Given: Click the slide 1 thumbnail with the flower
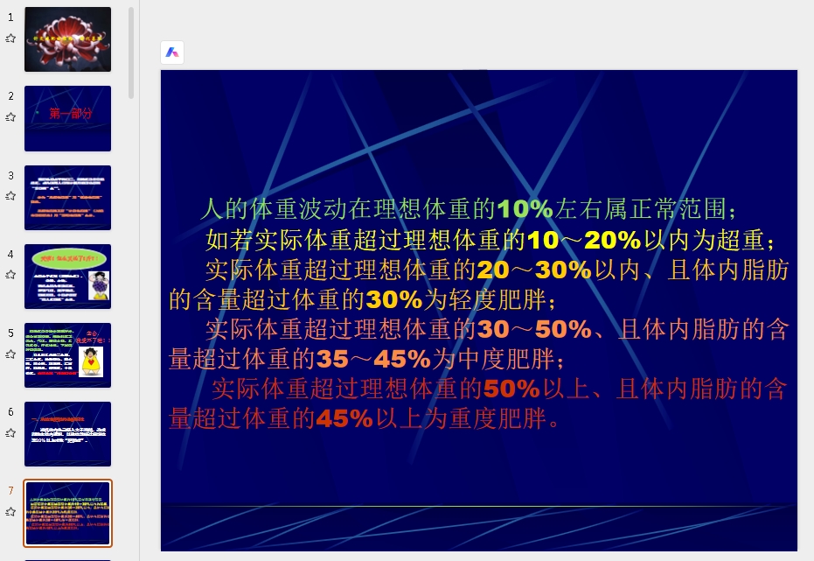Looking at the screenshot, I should coord(67,39).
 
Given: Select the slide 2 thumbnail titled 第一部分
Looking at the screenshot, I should coord(67,118).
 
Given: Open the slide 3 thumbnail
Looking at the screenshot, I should coord(67,197).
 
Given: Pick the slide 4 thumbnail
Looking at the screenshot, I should coord(67,276).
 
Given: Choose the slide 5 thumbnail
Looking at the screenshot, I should coord(67,354).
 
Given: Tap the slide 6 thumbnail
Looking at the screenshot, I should coord(67,433).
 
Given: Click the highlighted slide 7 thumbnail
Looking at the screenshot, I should coord(67,512).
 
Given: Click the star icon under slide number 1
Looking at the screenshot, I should coord(10,39).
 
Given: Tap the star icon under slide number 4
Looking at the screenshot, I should coord(10,274).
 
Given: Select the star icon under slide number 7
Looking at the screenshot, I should coord(10,511).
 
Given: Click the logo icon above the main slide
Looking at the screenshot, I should coord(172,53).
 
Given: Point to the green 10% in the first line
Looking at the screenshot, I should coord(525,209).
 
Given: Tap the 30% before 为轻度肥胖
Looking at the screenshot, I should coord(394,299).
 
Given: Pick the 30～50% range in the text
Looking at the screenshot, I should coord(533,330).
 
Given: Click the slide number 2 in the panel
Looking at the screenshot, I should coord(10,96).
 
